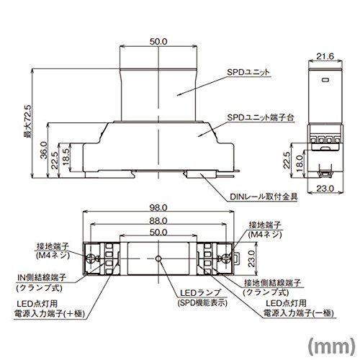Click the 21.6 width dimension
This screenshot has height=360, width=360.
(325, 56)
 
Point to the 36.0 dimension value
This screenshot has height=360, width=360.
(44, 150)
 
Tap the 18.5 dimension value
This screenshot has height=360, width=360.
(66, 156)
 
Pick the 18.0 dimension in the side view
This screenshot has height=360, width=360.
(300, 163)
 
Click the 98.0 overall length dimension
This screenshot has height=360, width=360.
(158, 208)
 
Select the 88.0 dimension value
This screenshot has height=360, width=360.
(158, 220)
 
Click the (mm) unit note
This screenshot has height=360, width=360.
(331, 346)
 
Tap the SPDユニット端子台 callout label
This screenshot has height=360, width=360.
(261, 117)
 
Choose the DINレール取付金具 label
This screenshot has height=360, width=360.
(264, 197)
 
